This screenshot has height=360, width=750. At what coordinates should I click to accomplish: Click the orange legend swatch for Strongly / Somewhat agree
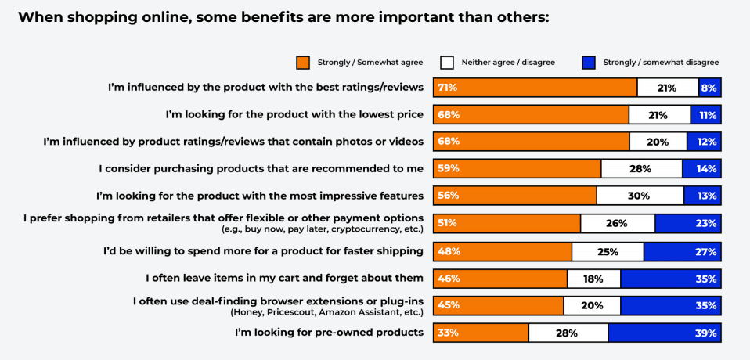coord(303,63)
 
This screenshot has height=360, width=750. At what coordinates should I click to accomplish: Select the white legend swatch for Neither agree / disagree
coord(447,63)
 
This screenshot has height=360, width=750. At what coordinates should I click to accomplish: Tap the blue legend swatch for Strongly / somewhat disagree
coord(590,63)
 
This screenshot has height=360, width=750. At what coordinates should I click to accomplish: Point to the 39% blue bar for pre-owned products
coord(664,333)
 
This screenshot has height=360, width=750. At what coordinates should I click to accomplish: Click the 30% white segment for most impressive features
coord(640,196)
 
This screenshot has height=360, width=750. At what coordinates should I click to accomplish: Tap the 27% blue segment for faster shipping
coord(682,251)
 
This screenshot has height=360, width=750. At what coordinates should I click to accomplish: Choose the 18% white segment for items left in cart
coord(593,278)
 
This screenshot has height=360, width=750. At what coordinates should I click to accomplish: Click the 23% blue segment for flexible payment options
coord(687,223)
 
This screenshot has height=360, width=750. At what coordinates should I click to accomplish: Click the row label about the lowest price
coord(294,114)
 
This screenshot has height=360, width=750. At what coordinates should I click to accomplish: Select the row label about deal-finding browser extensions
coord(278,300)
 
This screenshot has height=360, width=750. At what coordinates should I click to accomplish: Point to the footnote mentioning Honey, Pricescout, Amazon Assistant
coord(326,311)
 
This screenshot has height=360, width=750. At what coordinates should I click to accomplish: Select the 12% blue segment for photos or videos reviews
coord(703,142)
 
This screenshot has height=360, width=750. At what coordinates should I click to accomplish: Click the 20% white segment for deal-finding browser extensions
coord(592,305)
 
